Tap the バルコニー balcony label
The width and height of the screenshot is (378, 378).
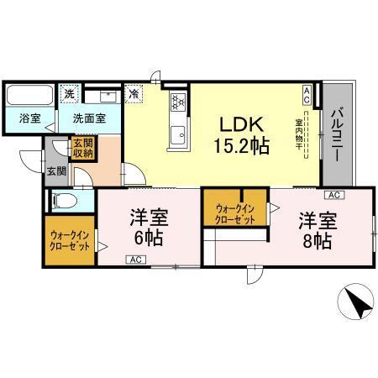336,134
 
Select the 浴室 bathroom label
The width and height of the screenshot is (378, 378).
29,118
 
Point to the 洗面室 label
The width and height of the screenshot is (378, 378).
87,118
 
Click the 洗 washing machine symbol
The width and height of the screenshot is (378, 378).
71,93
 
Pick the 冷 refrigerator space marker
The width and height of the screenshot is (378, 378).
134,95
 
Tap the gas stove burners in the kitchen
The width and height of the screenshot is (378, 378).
178,102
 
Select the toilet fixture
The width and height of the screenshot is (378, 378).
64,202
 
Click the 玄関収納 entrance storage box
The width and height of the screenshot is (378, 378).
81,150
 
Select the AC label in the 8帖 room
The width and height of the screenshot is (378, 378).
333,195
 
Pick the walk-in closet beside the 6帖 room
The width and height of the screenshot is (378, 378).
70,245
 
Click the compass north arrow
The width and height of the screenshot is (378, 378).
359,304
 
